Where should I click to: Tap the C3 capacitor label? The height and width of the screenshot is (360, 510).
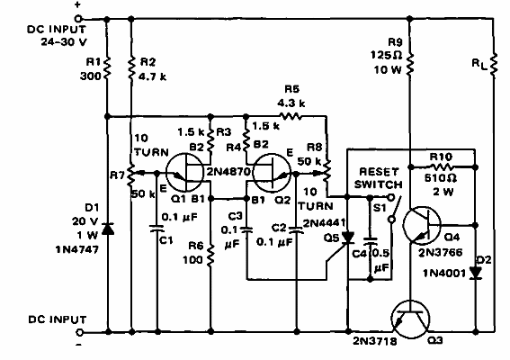[x=236, y=216]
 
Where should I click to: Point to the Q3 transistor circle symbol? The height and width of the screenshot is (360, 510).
[x=410, y=319]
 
